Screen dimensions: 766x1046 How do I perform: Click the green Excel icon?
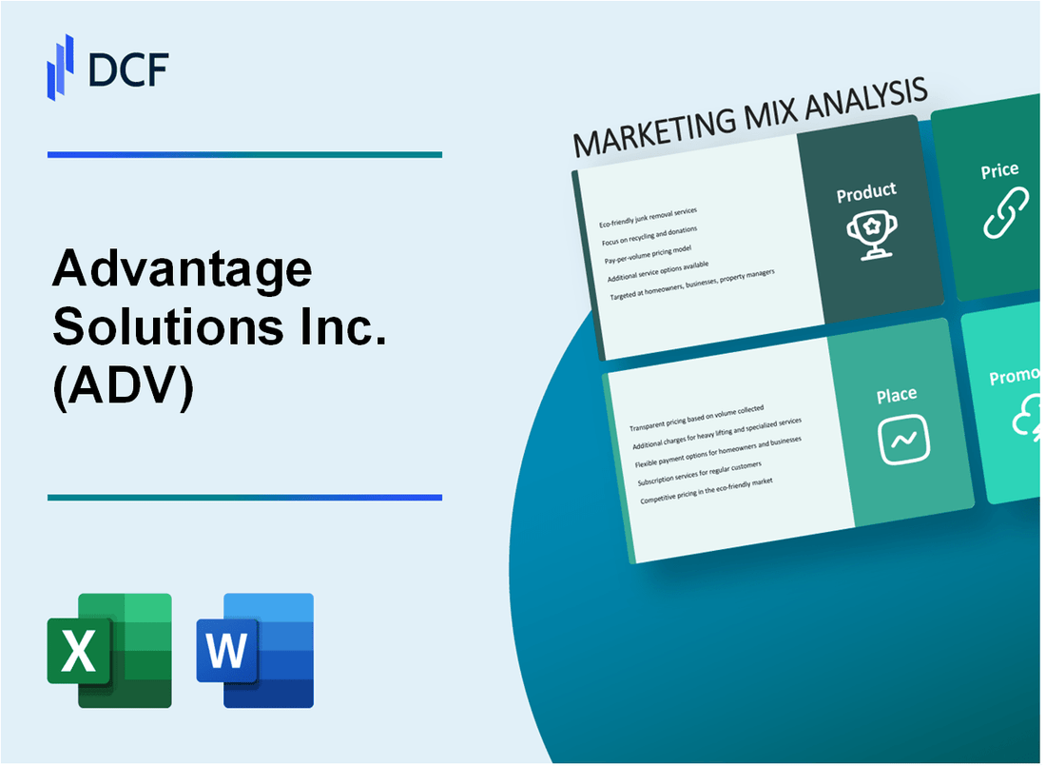point(109,651)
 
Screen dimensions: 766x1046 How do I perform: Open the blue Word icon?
point(255,651)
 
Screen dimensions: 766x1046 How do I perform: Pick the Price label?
point(999,171)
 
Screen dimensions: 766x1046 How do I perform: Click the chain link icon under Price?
point(1005,215)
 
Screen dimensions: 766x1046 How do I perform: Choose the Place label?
point(897,394)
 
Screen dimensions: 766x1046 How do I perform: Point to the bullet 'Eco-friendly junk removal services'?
point(648,218)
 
